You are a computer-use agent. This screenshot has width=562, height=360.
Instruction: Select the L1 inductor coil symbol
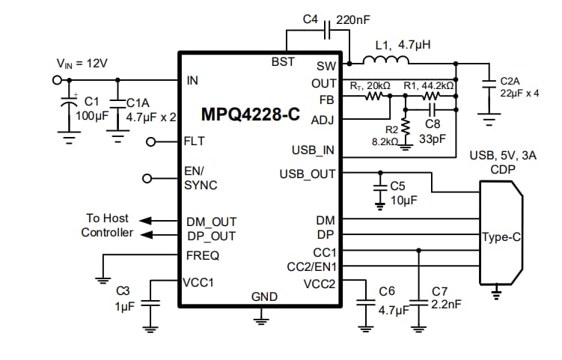[x=382, y=61]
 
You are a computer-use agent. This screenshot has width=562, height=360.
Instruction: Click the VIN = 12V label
[x=82, y=64]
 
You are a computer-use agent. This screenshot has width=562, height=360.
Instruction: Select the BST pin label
[x=283, y=61]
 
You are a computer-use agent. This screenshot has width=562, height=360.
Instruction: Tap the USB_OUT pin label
[x=308, y=174]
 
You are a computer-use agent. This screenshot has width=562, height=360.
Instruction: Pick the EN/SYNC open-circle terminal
[x=147, y=178]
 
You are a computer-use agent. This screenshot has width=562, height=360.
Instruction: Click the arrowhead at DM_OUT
[x=147, y=221]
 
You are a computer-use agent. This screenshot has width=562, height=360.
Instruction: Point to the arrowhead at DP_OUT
[x=147, y=234]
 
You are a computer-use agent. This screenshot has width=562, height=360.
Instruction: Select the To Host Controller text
[x=106, y=225]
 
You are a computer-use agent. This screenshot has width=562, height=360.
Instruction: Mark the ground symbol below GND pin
[x=260, y=320]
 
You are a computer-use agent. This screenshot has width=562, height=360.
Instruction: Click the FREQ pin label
[x=202, y=255]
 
